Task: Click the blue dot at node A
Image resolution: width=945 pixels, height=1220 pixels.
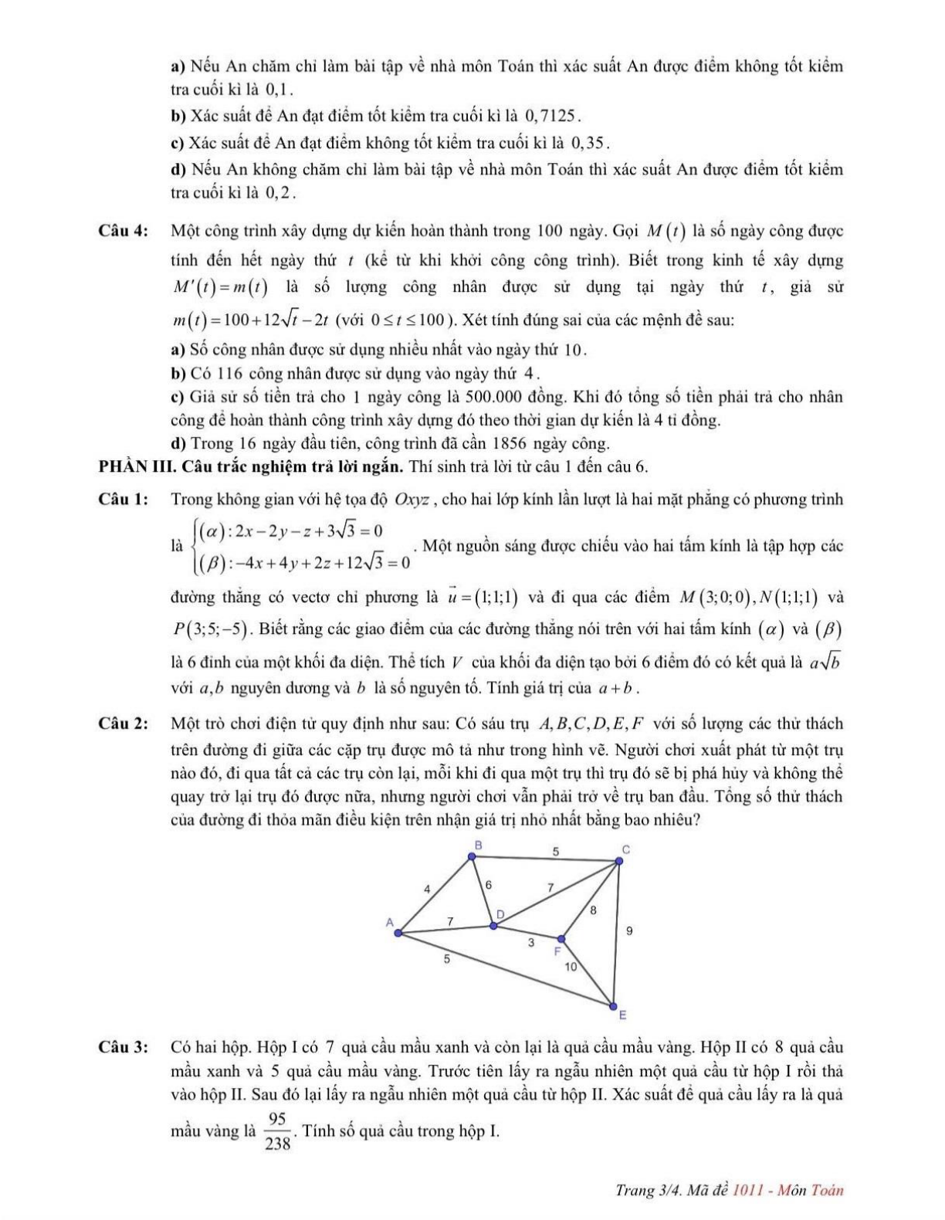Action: coord(398,933)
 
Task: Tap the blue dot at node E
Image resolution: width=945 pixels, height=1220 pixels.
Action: coord(614,1006)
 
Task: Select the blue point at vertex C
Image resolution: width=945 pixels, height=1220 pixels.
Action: coord(618,861)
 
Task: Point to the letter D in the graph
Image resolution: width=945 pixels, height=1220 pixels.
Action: coord(500,914)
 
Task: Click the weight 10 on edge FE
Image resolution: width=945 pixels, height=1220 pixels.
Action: coord(571,966)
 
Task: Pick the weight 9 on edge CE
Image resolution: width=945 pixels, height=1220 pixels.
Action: coord(629,931)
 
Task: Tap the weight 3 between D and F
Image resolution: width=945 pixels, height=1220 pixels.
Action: coord(531,942)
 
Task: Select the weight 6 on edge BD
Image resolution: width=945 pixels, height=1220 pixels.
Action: coord(488,884)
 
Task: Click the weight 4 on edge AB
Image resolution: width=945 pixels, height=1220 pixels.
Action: coord(427,889)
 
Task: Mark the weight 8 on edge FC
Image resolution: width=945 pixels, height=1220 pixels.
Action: coord(593,910)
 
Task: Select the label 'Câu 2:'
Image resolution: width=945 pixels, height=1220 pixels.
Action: coord(124,724)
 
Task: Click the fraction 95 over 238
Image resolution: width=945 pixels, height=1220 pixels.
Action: coord(278,1131)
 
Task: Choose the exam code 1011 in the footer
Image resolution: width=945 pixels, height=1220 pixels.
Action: coord(748,1190)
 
